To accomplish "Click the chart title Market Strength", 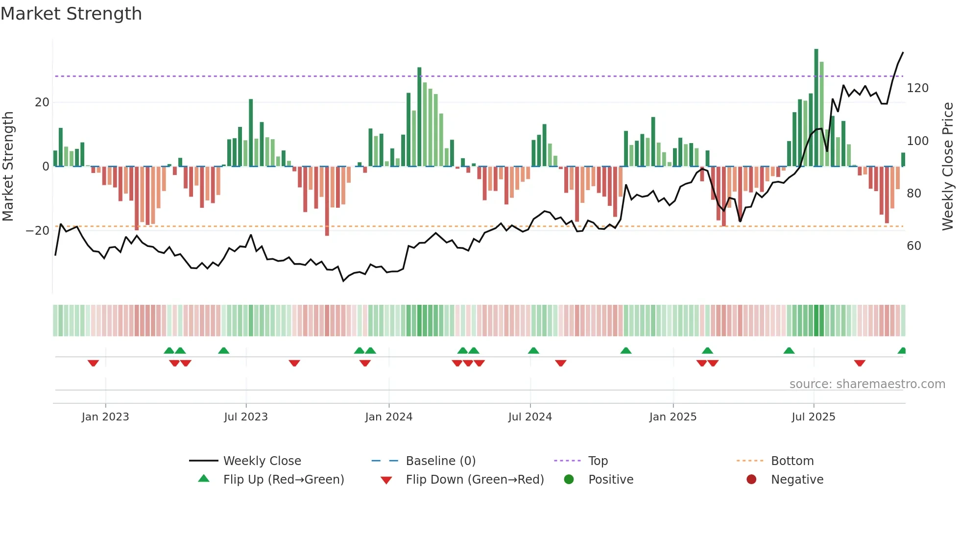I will (x=71, y=14).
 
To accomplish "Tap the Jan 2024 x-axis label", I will (x=388, y=417).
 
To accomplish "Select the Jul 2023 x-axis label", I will (x=245, y=417).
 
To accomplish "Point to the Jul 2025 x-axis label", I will (x=813, y=417).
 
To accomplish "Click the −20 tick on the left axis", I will (x=38, y=231).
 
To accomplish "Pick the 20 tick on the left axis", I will (x=42, y=102).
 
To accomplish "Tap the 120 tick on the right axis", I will (x=917, y=88).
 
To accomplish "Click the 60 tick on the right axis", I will (x=914, y=246).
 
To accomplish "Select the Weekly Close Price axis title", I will (x=948, y=167).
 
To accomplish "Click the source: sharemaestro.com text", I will (x=867, y=384).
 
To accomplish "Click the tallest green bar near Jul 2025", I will (x=816, y=108).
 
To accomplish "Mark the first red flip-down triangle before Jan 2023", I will (x=93, y=363).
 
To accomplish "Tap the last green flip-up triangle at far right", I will (x=902, y=351).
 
